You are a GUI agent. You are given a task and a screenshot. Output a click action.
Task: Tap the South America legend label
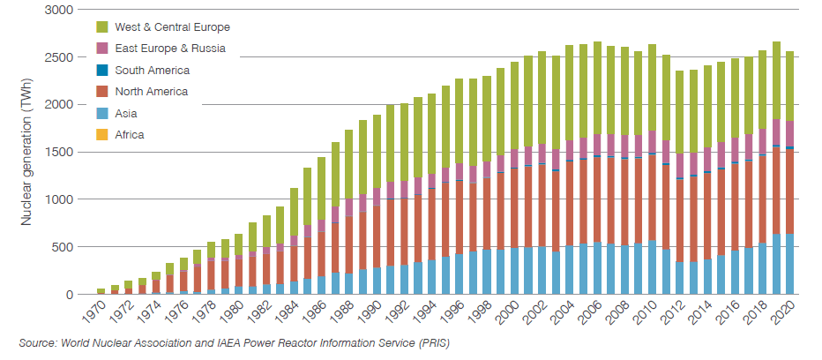pyautogui.click(x=152, y=70)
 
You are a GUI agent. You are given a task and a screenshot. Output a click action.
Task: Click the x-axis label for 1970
pyautogui.click(x=93, y=312)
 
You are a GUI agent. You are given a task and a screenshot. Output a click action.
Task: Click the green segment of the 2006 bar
pyautogui.click(x=598, y=88)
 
